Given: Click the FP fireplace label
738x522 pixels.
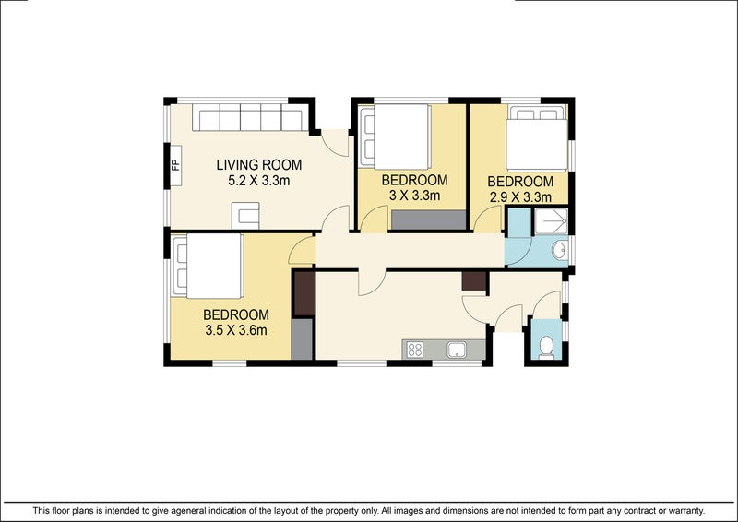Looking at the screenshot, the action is coord(175,165).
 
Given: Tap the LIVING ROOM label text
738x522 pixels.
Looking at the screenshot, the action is coord(259,165).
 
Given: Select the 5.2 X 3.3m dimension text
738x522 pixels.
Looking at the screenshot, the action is coord(259,180).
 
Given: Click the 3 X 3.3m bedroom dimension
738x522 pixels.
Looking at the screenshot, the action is coord(414,195).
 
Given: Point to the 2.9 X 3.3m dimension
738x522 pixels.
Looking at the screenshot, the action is coord(520,196).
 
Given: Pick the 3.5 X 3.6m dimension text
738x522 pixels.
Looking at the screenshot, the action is coord(236,330).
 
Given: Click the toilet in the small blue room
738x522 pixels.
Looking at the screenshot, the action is coord(546,348).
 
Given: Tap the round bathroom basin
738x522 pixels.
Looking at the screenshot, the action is coord(560,251).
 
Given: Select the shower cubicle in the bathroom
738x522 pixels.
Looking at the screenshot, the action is coord(551,221).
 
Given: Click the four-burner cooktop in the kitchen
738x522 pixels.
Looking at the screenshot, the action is coord(414,350).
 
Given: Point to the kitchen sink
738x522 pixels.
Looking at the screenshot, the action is coord(457,350).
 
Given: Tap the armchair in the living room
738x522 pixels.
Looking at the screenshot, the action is coord(245,216).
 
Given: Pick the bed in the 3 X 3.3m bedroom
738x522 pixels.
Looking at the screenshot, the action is coord(395,136).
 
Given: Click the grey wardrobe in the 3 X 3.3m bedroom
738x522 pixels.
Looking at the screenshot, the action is coord(428,219).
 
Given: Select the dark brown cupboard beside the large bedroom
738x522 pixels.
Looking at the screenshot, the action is coord(304,293).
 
